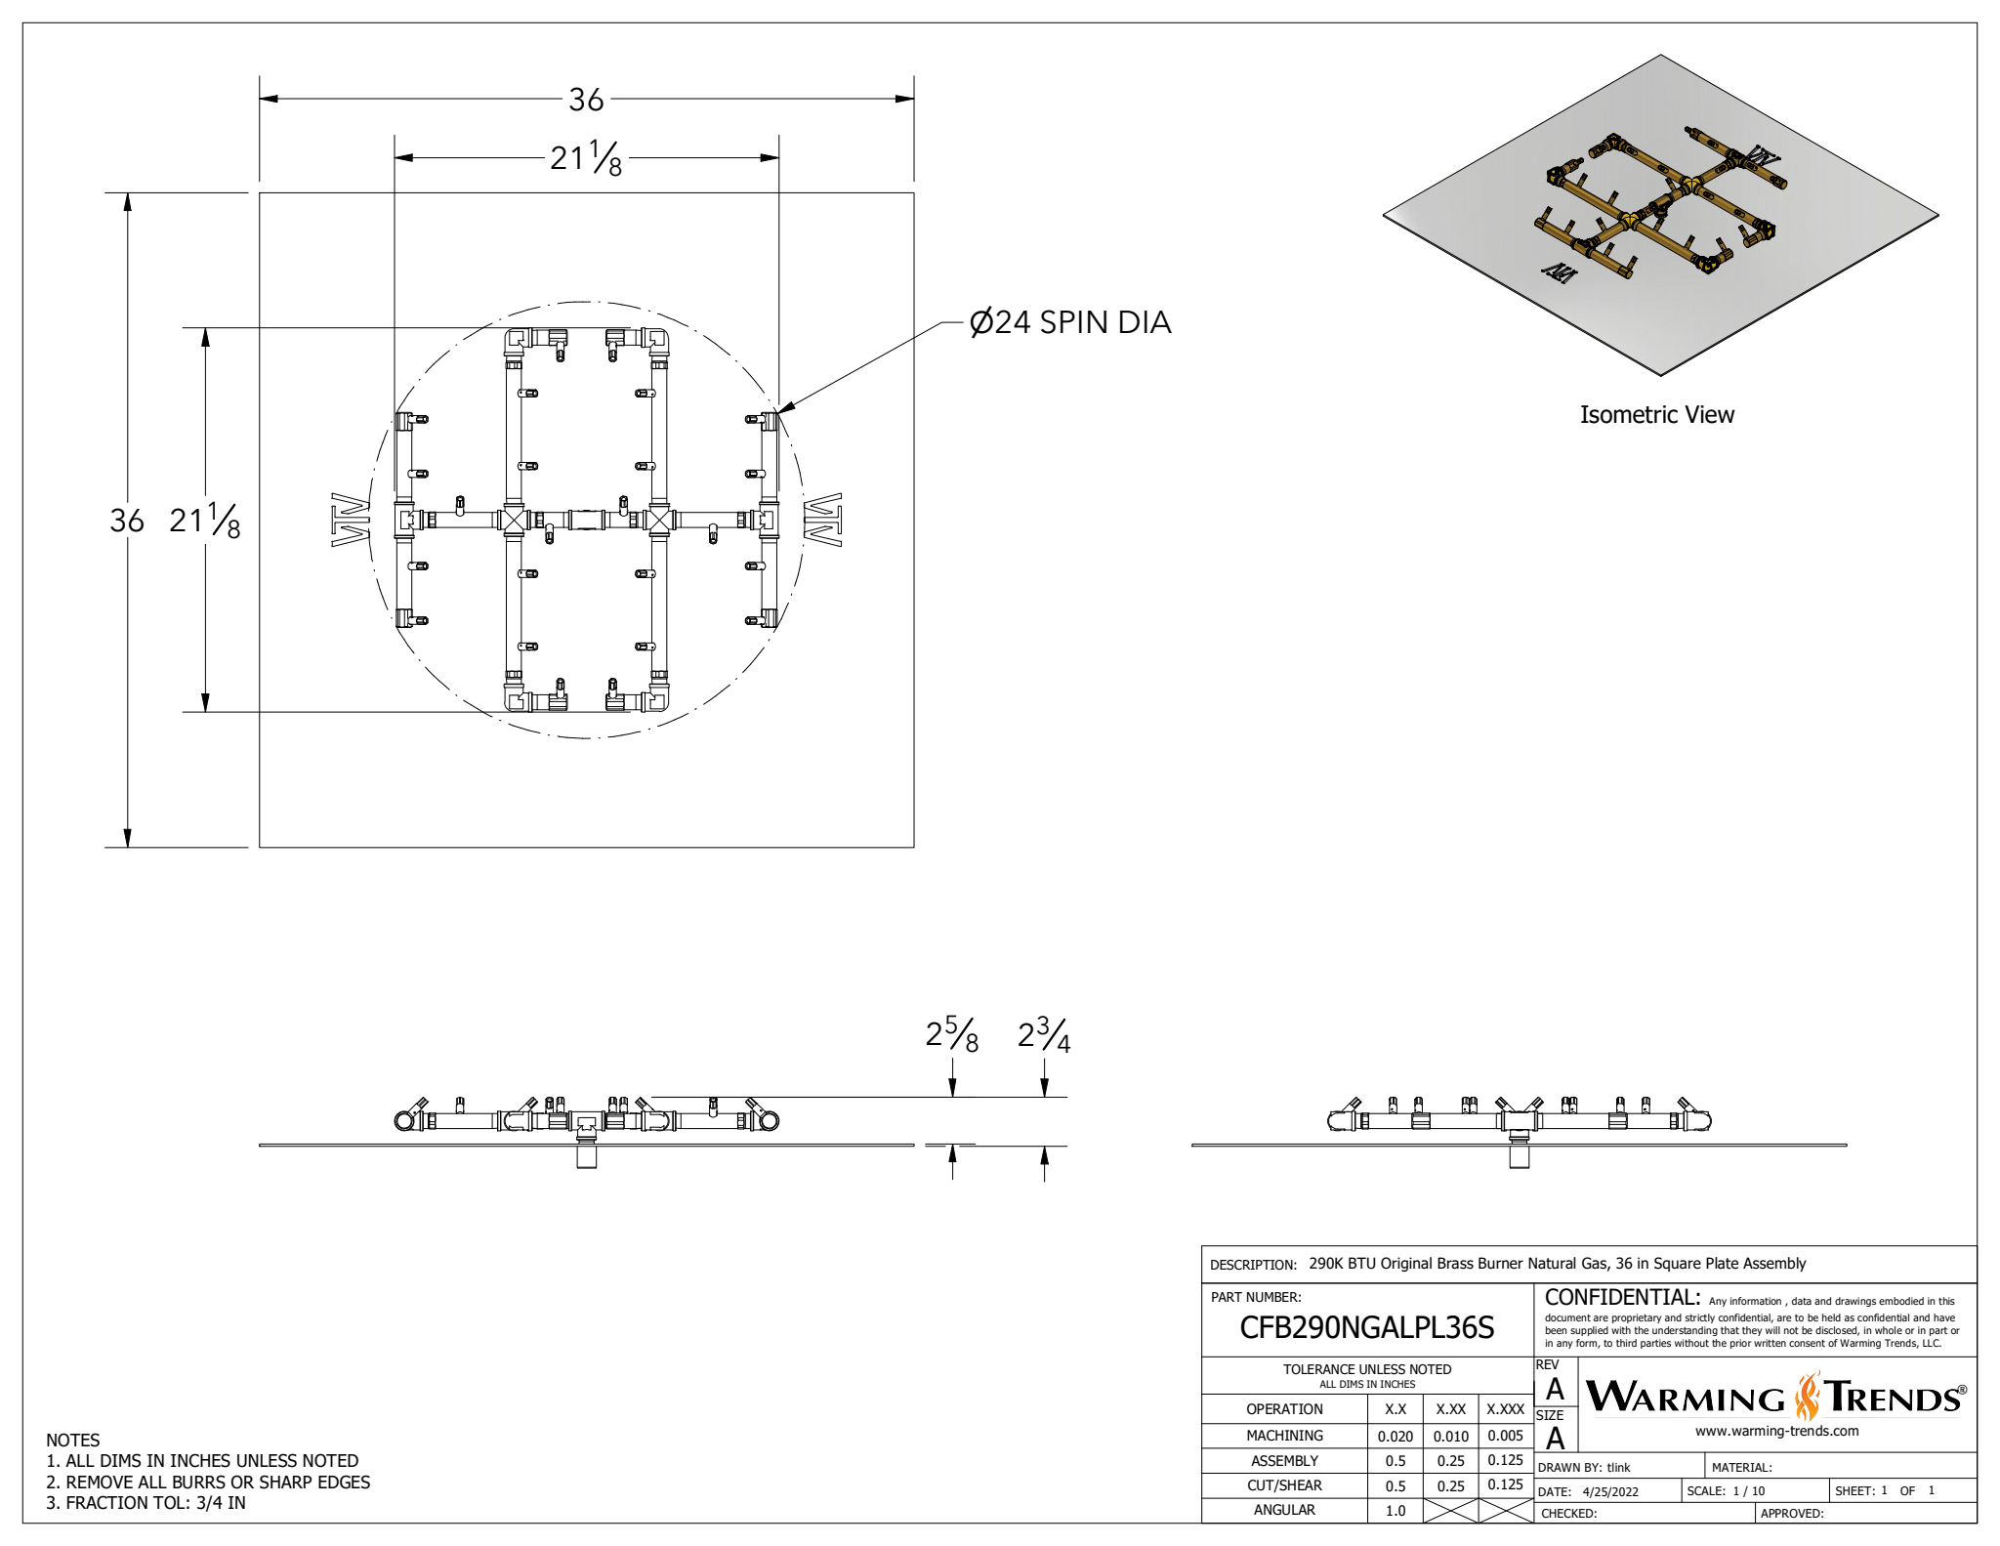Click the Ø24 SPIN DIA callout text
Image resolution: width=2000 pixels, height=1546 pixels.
(x=1069, y=322)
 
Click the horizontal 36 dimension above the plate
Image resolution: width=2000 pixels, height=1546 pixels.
(x=586, y=100)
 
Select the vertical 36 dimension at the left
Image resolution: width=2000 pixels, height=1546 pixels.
(x=127, y=521)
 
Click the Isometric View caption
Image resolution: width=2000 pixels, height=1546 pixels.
(x=1656, y=415)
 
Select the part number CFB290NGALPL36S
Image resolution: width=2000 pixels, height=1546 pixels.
(x=1366, y=1328)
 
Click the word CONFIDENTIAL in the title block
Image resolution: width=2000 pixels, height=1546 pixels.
(x=1621, y=1298)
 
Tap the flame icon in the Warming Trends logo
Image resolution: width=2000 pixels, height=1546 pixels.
(x=1807, y=1397)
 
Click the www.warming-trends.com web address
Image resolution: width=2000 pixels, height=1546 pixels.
(x=1776, y=1432)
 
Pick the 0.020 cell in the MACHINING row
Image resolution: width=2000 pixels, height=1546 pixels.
(x=1395, y=1437)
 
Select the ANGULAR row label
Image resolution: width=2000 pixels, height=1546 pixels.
(x=1284, y=1510)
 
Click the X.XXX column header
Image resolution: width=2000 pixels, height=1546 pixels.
(x=1505, y=1409)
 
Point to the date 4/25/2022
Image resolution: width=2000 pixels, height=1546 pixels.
(x=1610, y=1492)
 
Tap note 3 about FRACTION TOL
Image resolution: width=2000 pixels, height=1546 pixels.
(x=146, y=1503)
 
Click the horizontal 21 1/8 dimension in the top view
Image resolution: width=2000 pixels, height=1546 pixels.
(x=586, y=158)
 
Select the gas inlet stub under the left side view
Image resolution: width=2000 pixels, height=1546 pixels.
(x=586, y=1157)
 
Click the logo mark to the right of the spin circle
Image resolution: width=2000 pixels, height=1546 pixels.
(x=822, y=520)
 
